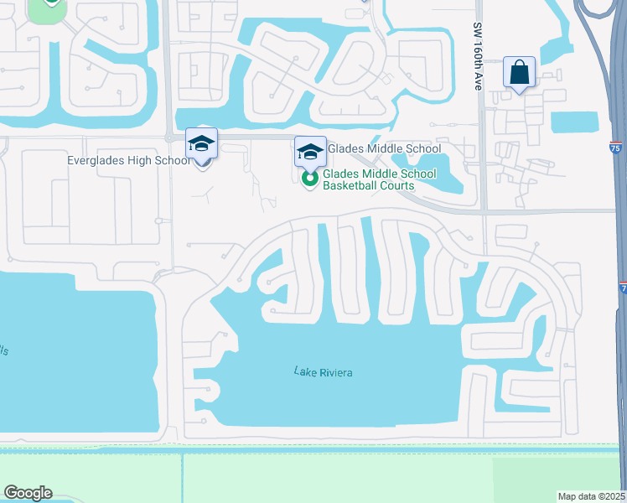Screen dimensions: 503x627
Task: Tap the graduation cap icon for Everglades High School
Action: [x=202, y=144]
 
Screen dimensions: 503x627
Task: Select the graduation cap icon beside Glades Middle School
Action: [x=310, y=152]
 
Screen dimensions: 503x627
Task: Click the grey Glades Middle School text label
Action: [x=383, y=149]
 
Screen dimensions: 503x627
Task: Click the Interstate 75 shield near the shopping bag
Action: [x=615, y=148]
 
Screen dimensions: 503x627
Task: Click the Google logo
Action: [x=28, y=493]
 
